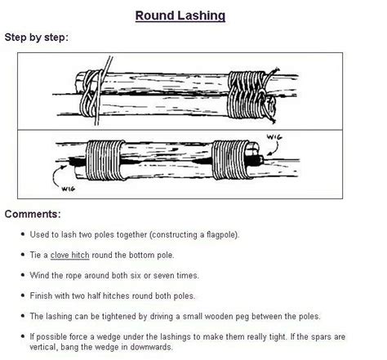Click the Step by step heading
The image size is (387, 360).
pos(37,38)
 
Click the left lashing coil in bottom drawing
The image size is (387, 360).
pos(105,157)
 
